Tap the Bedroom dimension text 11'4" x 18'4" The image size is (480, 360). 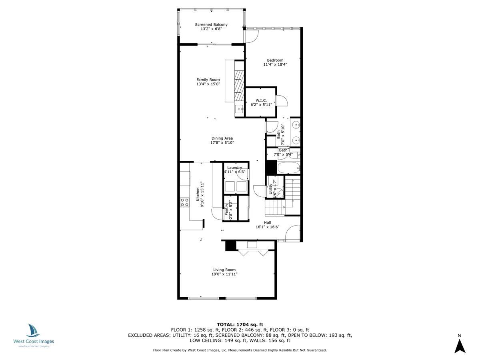[275, 64]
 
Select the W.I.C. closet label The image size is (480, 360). [261, 100]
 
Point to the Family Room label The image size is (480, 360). [208, 80]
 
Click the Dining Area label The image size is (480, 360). [222, 138]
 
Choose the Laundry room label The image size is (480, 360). [234, 168]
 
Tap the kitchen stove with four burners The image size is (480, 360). [184, 202]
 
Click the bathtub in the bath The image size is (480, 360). [288, 168]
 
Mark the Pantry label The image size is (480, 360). [226, 210]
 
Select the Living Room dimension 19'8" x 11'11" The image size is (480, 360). [224, 274]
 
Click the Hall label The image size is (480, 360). [267, 222]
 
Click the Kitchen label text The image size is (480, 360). [198, 194]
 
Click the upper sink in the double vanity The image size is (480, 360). [296, 125]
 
